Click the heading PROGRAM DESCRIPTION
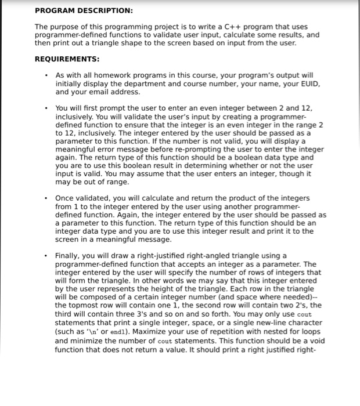click(84, 10)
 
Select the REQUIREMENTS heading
click(67, 59)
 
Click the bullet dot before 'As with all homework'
click(45, 75)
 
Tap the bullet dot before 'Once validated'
click(45, 198)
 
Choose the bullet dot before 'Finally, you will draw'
click(45, 256)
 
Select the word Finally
click(69, 256)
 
